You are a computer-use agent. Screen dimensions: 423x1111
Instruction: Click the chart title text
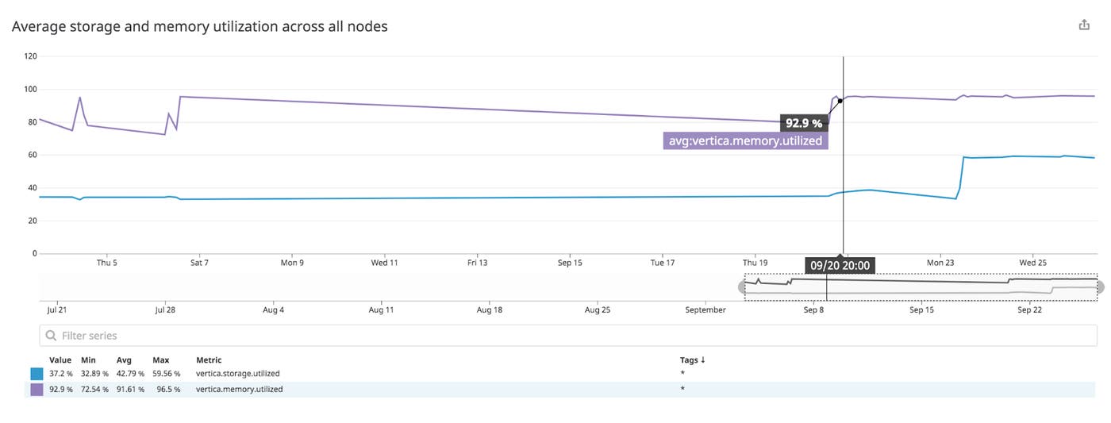click(200, 26)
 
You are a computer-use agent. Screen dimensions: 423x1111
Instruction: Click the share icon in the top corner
click(1084, 25)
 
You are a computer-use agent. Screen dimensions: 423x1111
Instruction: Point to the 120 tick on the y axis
click(31, 56)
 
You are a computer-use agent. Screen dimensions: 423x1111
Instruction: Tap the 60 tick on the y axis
click(33, 155)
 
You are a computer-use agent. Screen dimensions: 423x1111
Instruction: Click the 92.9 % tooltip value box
click(804, 123)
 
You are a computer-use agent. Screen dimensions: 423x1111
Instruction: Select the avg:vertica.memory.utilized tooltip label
click(745, 141)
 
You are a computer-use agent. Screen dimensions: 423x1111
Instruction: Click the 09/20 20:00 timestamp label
click(840, 265)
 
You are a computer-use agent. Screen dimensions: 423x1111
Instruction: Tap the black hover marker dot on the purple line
click(840, 101)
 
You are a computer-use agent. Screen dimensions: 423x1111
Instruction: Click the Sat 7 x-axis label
click(199, 263)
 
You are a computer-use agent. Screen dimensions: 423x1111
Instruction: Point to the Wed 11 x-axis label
click(384, 263)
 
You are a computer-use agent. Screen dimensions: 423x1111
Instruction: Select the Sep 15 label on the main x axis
click(570, 263)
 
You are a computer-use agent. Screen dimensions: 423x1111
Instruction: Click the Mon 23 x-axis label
click(940, 263)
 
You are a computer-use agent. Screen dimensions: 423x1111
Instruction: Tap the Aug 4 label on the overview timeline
click(273, 310)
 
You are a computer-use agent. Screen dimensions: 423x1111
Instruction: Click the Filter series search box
click(567, 336)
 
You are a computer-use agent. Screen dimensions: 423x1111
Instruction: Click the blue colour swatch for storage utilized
click(37, 374)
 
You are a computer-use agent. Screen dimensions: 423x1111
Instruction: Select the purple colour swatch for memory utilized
click(37, 390)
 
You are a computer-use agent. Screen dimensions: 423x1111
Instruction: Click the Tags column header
click(692, 360)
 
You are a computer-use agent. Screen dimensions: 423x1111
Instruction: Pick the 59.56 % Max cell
click(166, 374)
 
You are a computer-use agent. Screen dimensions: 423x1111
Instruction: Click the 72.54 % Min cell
click(94, 390)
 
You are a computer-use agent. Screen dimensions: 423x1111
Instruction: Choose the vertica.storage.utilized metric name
click(238, 374)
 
